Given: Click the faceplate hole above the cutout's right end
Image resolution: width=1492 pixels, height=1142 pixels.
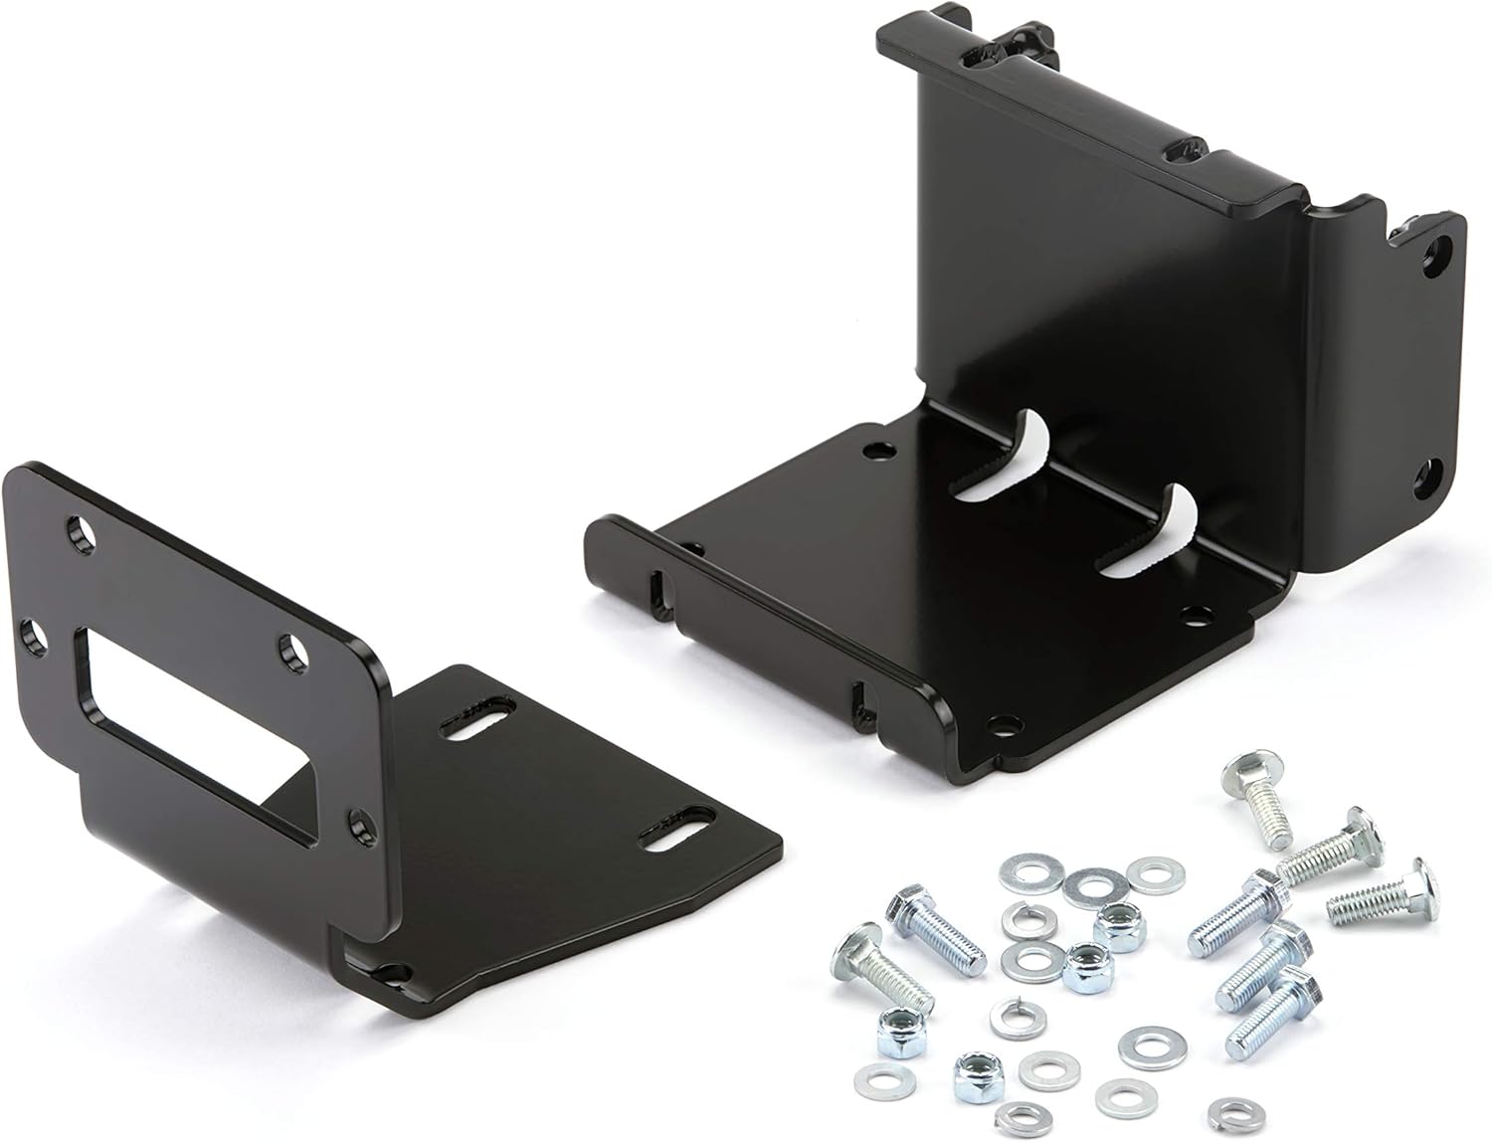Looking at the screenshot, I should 291,649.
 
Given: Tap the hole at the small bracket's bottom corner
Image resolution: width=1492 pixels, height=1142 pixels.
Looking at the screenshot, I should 392,973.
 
